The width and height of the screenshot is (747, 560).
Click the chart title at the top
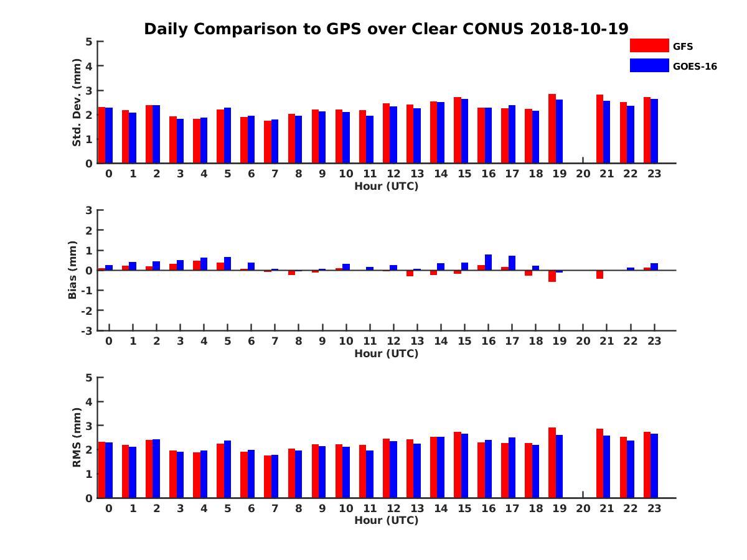click(x=386, y=29)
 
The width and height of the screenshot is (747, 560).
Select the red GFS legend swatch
click(x=649, y=46)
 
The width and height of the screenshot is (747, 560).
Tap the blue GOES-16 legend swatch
click(x=649, y=65)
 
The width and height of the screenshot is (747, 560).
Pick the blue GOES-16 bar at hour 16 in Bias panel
click(x=488, y=263)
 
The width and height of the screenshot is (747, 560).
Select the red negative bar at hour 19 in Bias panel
click(x=552, y=276)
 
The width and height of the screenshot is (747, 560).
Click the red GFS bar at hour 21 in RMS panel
click(x=599, y=463)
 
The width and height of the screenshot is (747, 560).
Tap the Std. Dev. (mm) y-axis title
click(x=77, y=103)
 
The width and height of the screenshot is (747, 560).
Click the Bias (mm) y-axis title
click(x=73, y=270)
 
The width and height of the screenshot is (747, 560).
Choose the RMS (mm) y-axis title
click(x=77, y=437)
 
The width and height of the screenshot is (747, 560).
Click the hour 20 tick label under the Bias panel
click(x=583, y=342)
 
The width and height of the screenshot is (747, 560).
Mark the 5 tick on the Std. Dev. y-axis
click(x=89, y=42)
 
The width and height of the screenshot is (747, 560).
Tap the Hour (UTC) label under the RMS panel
click(x=386, y=520)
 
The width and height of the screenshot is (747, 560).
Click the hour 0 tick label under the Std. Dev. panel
click(x=109, y=174)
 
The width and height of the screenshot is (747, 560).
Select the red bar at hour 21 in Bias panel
click(x=599, y=274)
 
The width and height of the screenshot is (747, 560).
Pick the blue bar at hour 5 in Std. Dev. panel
click(x=227, y=136)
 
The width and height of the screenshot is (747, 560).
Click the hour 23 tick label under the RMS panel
click(x=654, y=508)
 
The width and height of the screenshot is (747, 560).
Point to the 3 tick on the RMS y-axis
click(x=89, y=426)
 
